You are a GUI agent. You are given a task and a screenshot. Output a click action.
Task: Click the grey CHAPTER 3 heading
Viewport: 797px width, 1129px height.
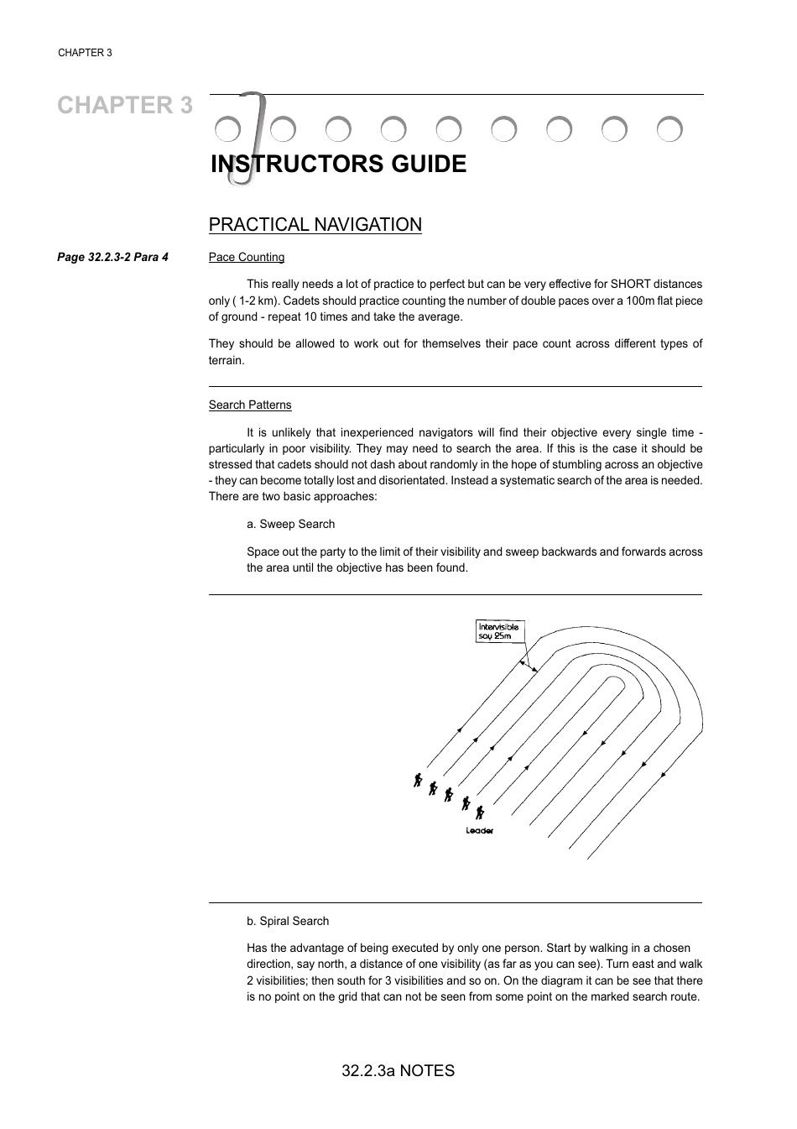[x=125, y=106]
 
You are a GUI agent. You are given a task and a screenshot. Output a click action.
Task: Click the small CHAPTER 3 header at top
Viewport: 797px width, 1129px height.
[x=85, y=53]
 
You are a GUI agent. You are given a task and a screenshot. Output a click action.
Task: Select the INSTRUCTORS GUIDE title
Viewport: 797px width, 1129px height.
[x=338, y=165]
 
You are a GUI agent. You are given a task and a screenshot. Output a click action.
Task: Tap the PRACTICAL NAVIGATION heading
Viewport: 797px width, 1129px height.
[x=315, y=225]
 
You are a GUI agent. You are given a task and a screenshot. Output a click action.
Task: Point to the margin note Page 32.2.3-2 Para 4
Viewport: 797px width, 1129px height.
[x=112, y=258]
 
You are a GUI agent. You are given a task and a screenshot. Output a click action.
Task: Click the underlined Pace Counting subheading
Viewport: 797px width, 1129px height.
[x=246, y=258]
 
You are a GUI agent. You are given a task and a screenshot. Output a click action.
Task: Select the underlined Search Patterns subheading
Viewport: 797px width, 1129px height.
[x=250, y=405]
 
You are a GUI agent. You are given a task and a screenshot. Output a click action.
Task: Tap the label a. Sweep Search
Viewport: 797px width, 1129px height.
[x=290, y=525]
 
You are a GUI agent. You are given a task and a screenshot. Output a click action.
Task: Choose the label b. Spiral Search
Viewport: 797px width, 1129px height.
[x=288, y=922]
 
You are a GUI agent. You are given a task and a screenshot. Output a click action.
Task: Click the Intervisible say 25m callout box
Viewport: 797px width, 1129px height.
[x=498, y=631]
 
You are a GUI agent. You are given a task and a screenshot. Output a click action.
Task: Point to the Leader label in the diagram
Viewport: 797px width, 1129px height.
[x=480, y=831]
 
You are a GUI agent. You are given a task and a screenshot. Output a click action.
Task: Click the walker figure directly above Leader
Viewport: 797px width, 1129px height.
[x=480, y=813]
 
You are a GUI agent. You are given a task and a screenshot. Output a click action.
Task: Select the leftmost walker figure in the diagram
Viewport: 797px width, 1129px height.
[x=417, y=780]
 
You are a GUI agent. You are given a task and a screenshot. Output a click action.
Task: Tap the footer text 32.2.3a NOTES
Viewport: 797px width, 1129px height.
[x=398, y=1071]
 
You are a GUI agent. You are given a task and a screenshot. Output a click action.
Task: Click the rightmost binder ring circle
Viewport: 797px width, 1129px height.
[x=669, y=129]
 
